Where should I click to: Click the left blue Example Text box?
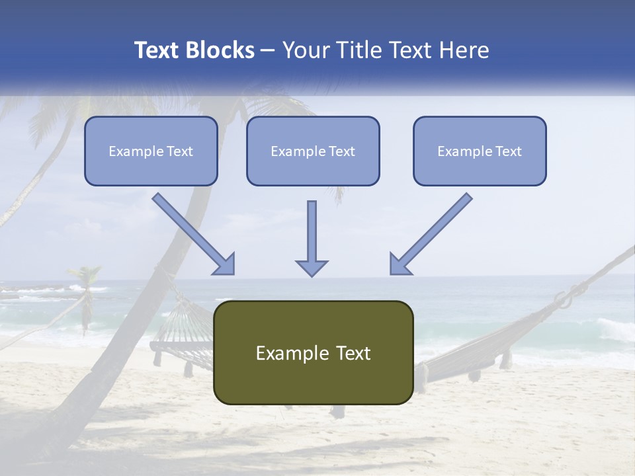click(x=151, y=151)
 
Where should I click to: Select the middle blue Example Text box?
click(x=313, y=151)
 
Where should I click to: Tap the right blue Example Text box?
click(x=480, y=151)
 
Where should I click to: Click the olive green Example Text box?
click(x=313, y=352)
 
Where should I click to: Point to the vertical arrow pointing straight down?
click(x=312, y=238)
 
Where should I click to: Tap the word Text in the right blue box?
click(x=509, y=151)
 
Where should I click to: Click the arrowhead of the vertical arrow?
click(x=312, y=267)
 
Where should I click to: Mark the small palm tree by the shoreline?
click(x=85, y=291)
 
